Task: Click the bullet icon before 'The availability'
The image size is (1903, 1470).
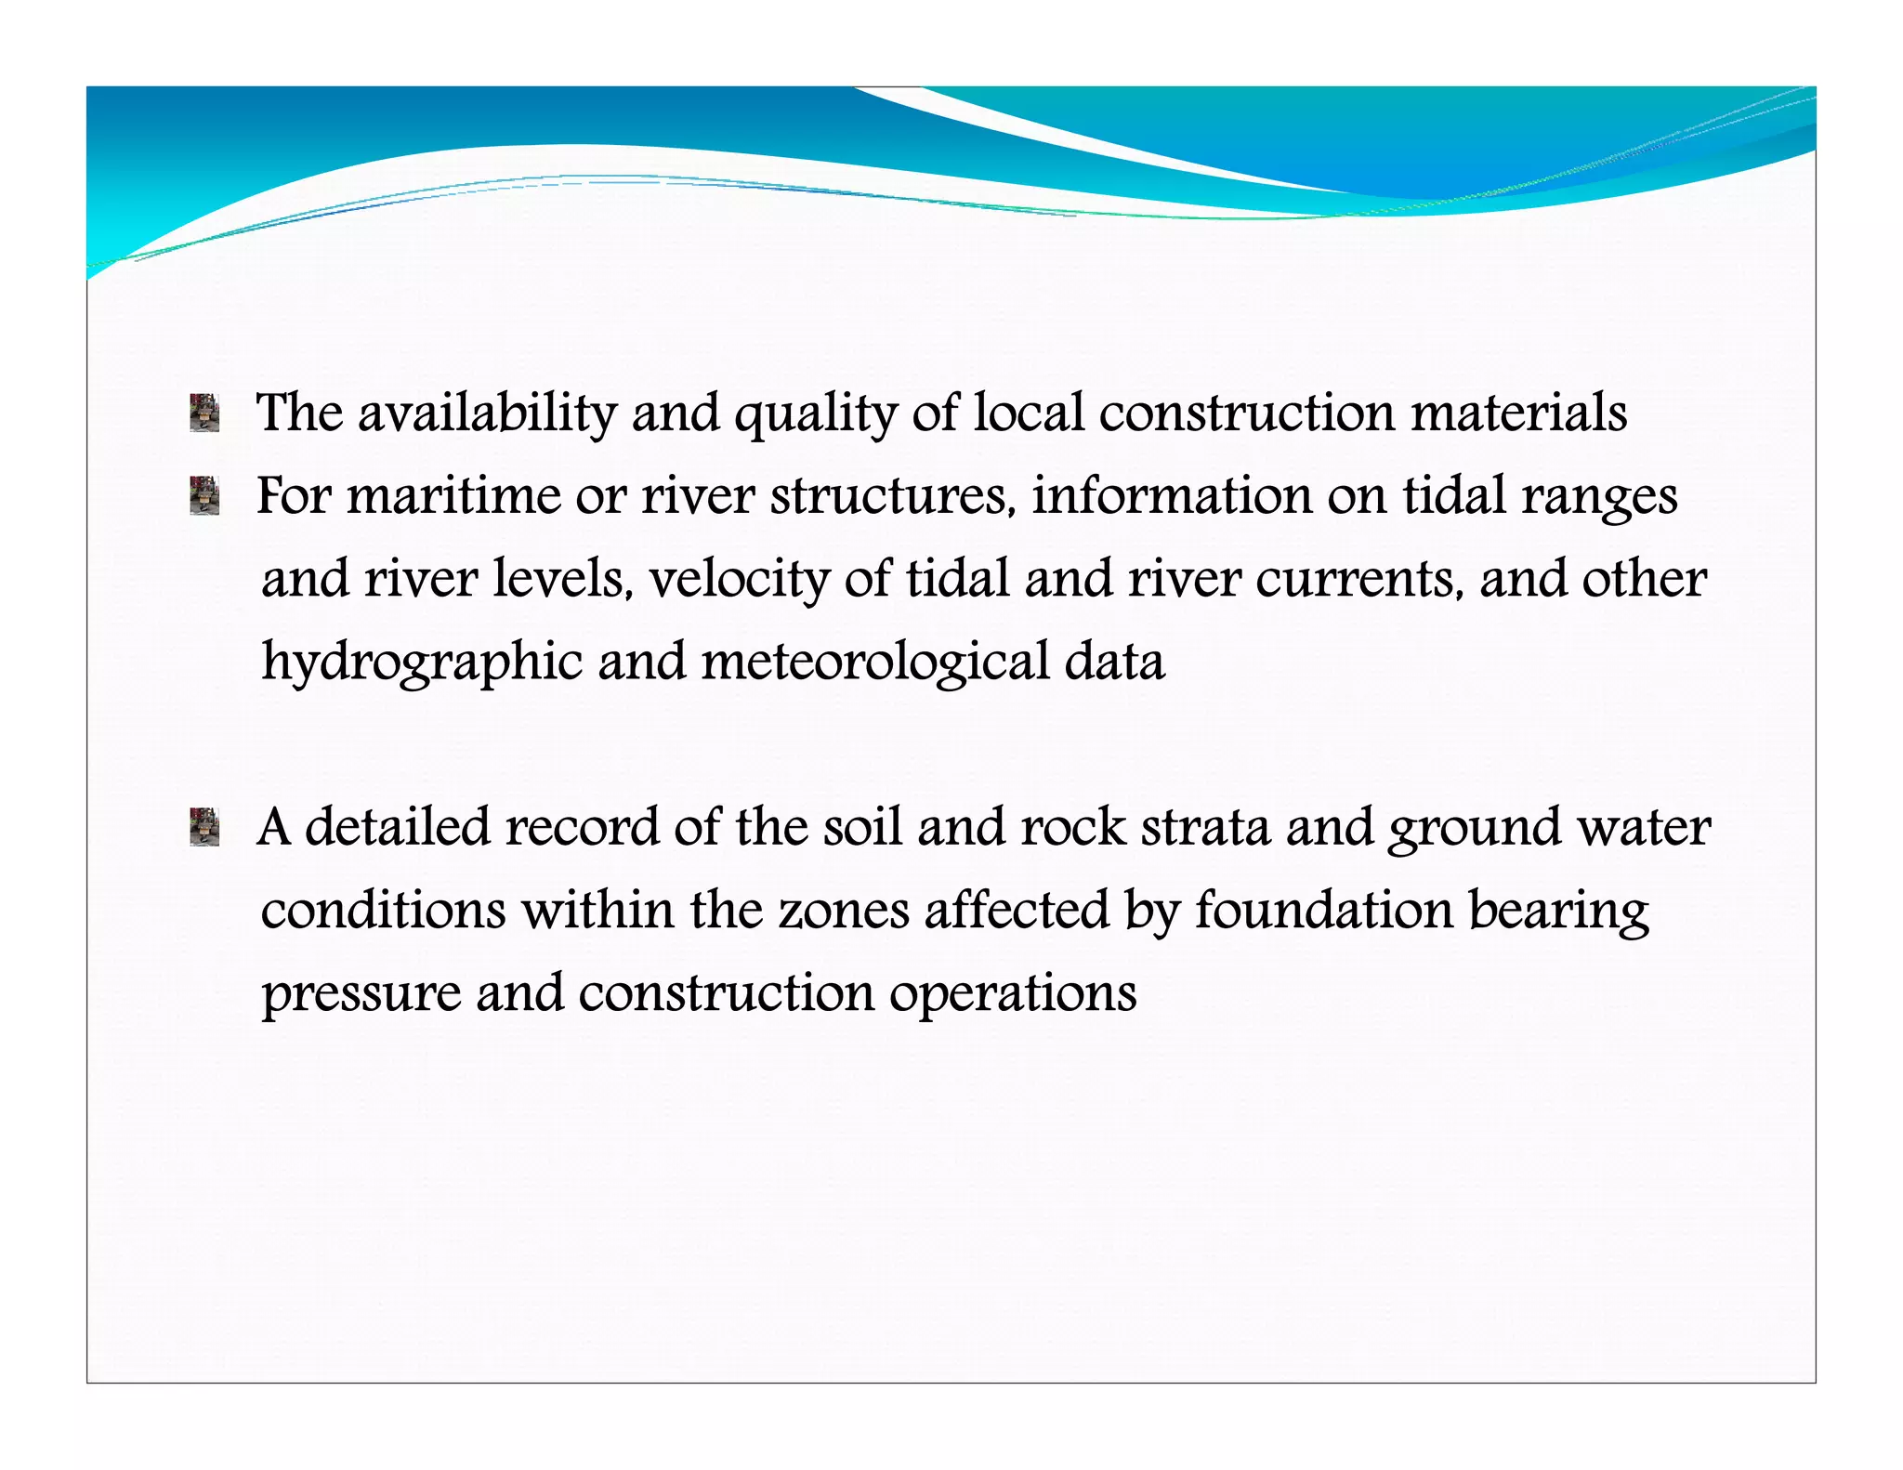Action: point(204,413)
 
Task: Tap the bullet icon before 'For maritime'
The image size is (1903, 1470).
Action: point(204,496)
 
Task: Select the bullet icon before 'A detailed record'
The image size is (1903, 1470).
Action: point(204,827)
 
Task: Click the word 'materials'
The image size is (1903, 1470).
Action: point(1519,413)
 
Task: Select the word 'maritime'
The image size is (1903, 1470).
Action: point(453,496)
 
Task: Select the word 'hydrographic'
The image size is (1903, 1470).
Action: point(422,663)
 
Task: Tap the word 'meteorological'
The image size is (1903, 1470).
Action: point(875,663)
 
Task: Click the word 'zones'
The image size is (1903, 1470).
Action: point(844,911)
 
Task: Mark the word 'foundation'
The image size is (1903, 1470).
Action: point(1324,910)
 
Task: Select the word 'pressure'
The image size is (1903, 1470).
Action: point(361,994)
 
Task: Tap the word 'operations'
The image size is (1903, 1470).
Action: point(1013,994)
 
